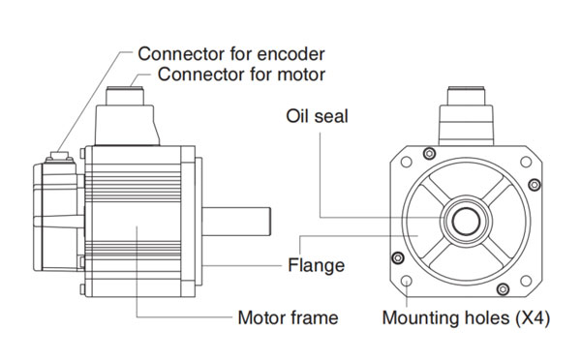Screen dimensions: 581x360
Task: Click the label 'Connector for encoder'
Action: tap(231, 54)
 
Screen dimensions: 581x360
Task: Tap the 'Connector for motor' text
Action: tap(241, 75)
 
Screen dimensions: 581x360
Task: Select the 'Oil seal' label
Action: tap(317, 116)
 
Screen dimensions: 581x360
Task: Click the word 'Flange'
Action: tap(316, 265)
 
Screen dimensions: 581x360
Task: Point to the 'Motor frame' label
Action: tap(288, 318)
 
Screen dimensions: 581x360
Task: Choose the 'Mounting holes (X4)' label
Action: tap(466, 318)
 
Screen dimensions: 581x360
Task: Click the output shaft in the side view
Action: tap(236, 222)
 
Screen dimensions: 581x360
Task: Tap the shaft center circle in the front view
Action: tap(466, 222)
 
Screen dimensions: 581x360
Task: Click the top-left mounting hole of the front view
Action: tap(407, 162)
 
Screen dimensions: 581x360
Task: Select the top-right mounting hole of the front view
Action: tap(526, 162)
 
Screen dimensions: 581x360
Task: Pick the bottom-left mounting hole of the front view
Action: tap(407, 281)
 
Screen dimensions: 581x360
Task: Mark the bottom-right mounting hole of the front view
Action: tap(526, 281)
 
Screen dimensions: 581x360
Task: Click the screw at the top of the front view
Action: tap(429, 153)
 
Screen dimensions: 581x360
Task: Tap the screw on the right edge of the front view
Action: tap(535, 185)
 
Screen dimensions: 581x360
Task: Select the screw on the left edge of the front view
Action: tap(398, 257)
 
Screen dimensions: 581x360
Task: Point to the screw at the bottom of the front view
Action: tap(503, 289)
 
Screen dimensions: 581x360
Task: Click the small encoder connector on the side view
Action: tap(60, 157)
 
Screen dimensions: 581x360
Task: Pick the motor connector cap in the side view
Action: tap(125, 96)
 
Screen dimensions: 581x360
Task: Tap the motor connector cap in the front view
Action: tap(466, 96)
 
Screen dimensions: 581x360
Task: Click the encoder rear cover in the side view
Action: tap(58, 217)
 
